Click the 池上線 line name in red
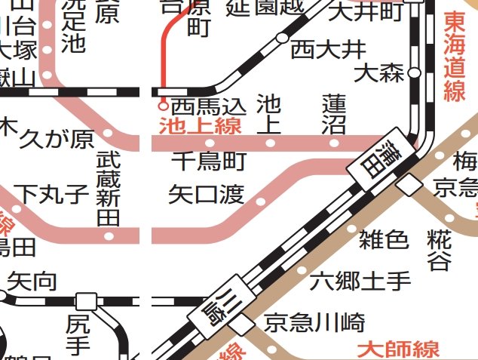pos(201,125)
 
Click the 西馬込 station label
pos(208,105)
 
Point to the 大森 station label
pos(380,73)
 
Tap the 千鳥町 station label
pos(209,161)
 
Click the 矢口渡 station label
pos(206,195)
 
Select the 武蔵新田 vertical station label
pos(109,189)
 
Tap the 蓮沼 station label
pos(333,113)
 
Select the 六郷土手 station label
pos(360,282)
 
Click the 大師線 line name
pos(399,350)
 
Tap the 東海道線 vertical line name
pos(455,56)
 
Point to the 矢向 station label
pos(32,282)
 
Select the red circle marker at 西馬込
pos(163,106)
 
